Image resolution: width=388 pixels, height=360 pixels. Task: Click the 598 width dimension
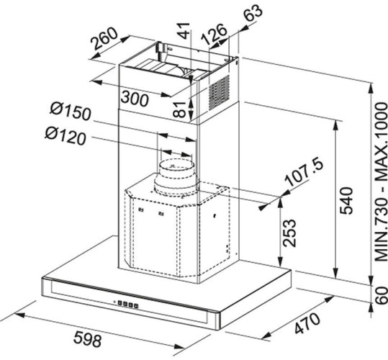[x=109, y=339]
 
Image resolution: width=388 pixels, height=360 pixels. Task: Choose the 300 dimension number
[x=135, y=100]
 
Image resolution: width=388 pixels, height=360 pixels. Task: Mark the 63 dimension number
[x=253, y=14]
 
